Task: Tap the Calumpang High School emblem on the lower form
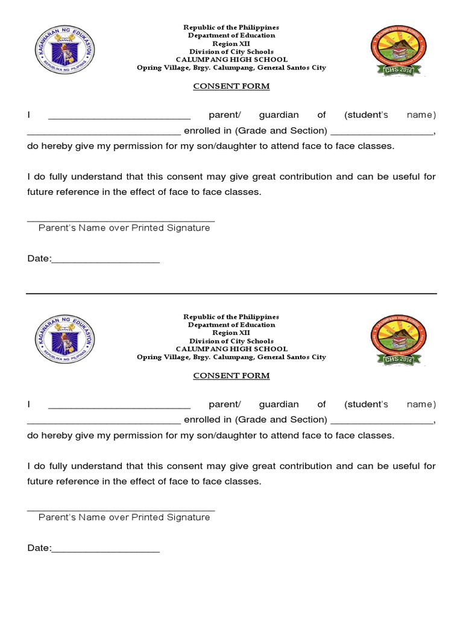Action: point(398,340)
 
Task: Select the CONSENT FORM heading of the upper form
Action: point(231,86)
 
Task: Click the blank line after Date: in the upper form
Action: point(106,261)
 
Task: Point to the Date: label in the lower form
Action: point(39,548)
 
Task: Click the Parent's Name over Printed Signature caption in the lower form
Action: point(124,517)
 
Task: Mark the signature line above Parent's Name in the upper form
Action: point(121,221)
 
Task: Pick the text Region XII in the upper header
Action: point(231,43)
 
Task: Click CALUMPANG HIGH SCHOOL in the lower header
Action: point(231,349)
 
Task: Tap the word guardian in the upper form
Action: point(279,115)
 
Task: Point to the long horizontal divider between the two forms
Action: point(231,294)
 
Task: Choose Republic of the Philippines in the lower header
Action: point(231,317)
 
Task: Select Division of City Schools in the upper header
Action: point(231,51)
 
